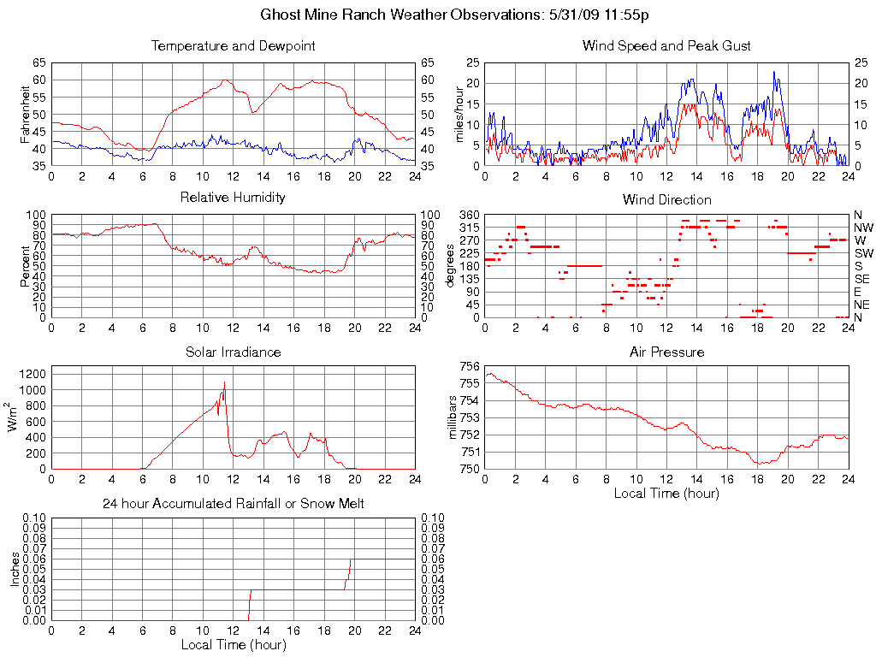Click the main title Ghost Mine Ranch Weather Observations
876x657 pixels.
pyautogui.click(x=454, y=15)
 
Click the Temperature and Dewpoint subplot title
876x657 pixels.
pyautogui.click(x=233, y=46)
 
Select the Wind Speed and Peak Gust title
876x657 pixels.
pyautogui.click(x=666, y=46)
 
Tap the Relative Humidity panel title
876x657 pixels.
pyautogui.click(x=233, y=198)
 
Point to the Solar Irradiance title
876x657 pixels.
pyautogui.click(x=233, y=352)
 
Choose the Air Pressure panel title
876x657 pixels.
pyautogui.click(x=666, y=352)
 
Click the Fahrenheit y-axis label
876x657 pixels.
pyautogui.click(x=25, y=115)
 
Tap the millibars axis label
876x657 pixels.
pyautogui.click(x=453, y=417)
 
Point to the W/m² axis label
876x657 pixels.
pyautogui.click(x=15, y=417)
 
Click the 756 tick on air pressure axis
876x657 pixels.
pyautogui.click(x=470, y=367)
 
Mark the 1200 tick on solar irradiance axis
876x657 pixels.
pyautogui.click(x=33, y=374)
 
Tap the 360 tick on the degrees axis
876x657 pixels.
pyautogui.click(x=470, y=215)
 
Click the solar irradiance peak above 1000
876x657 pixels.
pyautogui.click(x=224, y=382)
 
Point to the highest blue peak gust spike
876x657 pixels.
pyautogui.click(x=773, y=73)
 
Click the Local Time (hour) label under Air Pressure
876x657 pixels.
pyautogui.click(x=666, y=493)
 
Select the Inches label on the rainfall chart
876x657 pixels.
pyautogui.click(x=15, y=569)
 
